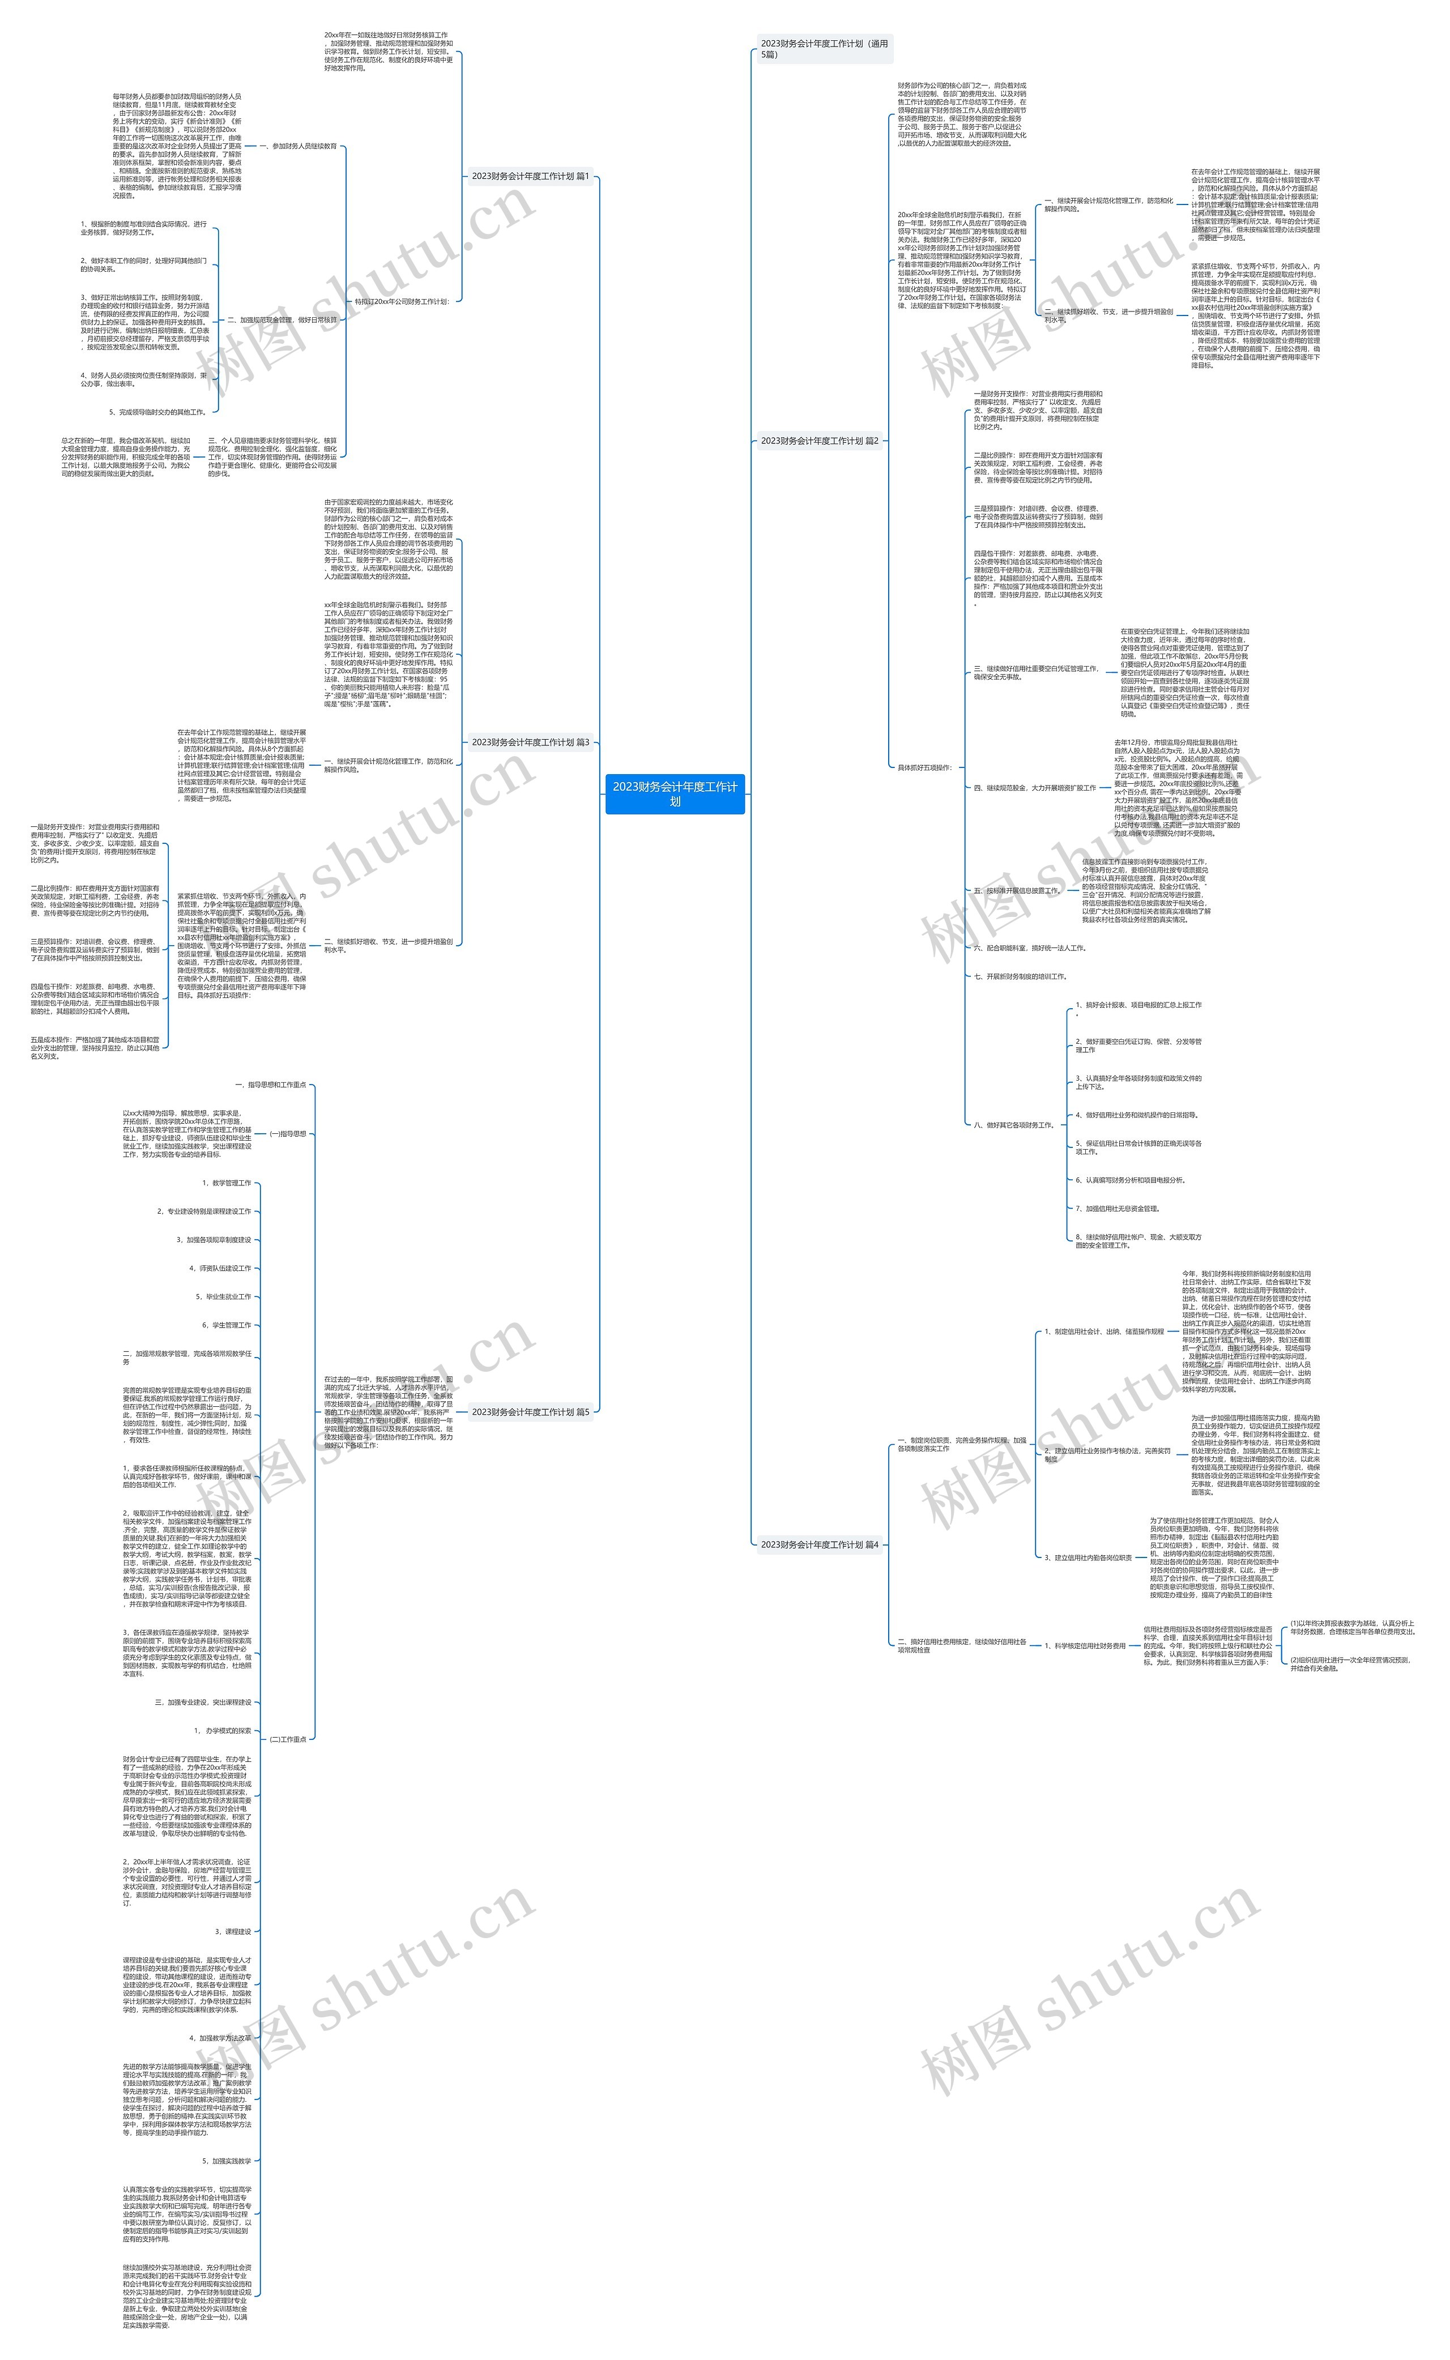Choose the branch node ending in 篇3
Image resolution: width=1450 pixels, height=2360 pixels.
530,742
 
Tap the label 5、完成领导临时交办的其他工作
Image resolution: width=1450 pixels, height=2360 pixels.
157,412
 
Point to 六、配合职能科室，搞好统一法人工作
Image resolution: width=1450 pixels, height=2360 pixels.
1029,948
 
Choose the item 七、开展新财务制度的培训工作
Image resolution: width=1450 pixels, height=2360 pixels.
1020,976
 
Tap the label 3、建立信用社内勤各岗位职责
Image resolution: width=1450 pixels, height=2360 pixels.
1087,1557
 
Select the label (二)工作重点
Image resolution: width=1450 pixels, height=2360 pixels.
288,1739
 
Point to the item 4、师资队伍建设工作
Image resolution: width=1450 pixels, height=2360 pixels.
220,1268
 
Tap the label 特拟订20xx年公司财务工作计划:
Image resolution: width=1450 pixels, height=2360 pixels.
402,301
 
